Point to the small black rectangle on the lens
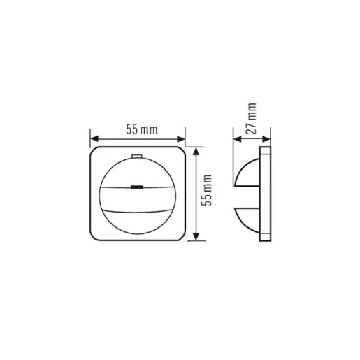137,187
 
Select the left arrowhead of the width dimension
94,138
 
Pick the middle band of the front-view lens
137,199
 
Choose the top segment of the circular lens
137,172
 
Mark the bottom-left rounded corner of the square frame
94,237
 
